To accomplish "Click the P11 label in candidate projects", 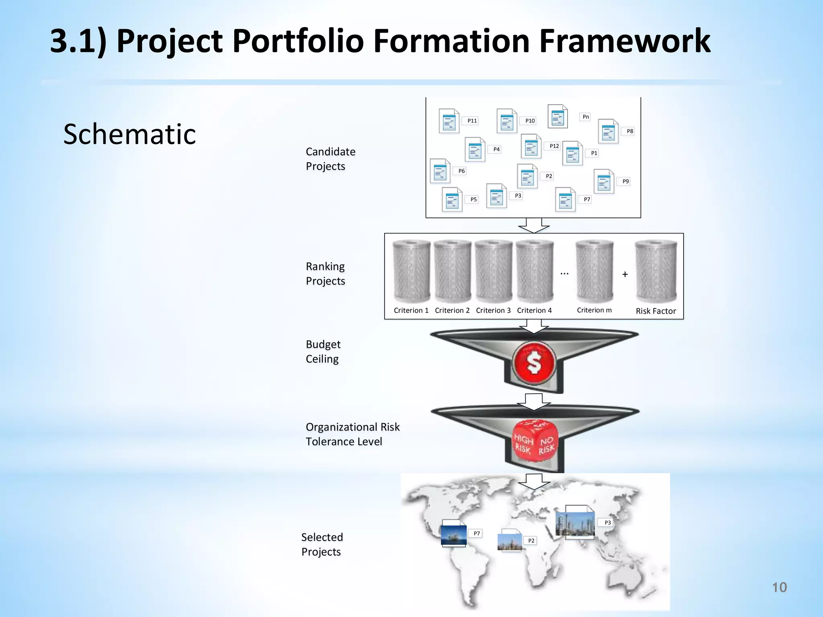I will (472, 121).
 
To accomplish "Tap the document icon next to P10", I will (507, 121).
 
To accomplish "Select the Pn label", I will (586, 117).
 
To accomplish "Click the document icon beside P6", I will (440, 172).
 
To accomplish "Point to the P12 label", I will (554, 146).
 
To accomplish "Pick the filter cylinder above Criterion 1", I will (411, 271).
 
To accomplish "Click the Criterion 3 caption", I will (493, 310).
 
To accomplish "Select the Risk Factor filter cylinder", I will (656, 271).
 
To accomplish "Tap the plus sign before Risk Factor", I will (625, 274).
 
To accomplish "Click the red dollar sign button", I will (534, 362).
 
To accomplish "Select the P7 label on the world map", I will (477, 533).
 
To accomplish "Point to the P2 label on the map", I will (531, 541).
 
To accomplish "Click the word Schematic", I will (129, 134).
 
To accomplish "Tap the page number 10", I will (779, 587).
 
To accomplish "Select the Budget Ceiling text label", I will (323, 351).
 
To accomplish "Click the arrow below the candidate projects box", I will (534, 226).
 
